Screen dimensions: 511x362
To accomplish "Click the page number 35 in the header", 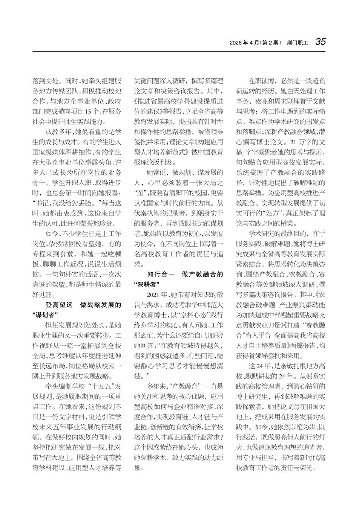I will click(x=321, y=42).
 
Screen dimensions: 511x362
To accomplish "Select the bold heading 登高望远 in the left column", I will click(x=59, y=305).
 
